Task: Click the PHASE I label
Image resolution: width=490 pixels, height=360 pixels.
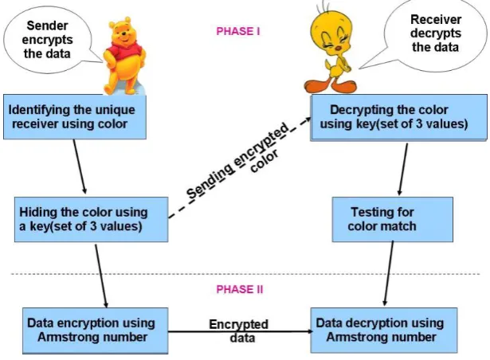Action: pyautogui.click(x=238, y=31)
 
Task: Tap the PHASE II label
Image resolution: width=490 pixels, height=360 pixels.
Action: pyautogui.click(x=240, y=289)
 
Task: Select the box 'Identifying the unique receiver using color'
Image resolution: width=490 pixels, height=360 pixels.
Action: pyautogui.click(x=75, y=117)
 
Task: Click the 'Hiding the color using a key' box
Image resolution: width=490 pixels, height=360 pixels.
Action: pyautogui.click(x=92, y=219)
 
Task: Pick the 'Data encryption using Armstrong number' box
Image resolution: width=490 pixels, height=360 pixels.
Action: pyautogui.click(x=96, y=331)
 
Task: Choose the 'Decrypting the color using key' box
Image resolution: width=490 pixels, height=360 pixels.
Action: pyautogui.click(x=398, y=118)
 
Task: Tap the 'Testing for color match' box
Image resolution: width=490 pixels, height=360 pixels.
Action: pyautogui.click(x=393, y=219)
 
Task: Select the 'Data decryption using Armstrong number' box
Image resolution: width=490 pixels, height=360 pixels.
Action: pyautogui.click(x=384, y=331)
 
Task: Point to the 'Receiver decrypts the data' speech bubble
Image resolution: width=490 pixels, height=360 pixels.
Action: pyautogui.click(x=434, y=33)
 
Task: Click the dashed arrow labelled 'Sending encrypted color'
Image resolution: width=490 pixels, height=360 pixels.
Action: pyautogui.click(x=240, y=167)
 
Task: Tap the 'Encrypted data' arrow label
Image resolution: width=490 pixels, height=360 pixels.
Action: pyautogui.click(x=239, y=331)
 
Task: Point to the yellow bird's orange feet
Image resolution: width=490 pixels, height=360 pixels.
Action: pyautogui.click(x=331, y=86)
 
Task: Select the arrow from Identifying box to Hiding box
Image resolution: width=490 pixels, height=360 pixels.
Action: pyautogui.click(x=80, y=166)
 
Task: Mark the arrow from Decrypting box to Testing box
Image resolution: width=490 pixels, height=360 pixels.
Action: pyautogui.click(x=403, y=170)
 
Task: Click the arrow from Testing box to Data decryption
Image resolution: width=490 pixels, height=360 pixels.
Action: pyautogui.click(x=389, y=274)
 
